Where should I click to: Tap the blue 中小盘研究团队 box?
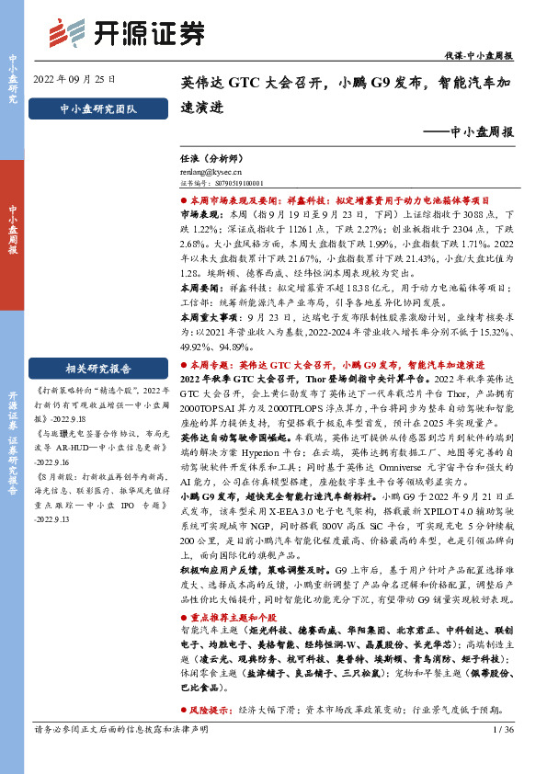pos(97,108)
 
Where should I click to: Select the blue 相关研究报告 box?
pos(97,343)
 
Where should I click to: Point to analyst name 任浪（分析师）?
pos(200,158)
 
